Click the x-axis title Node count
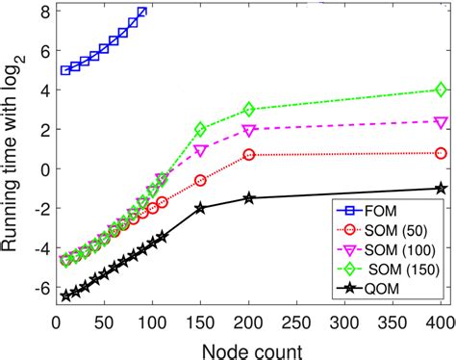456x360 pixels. click(251, 348)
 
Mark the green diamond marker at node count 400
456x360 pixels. click(441, 90)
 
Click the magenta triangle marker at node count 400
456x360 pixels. click(441, 122)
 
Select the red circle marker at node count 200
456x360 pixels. click(249, 154)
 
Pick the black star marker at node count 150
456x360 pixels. click(200, 208)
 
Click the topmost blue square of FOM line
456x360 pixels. click(142, 12)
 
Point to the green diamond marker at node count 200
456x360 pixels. click(249, 110)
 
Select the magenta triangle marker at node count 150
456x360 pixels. click(200, 151)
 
